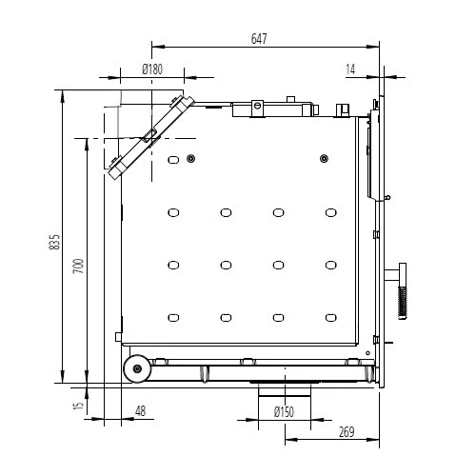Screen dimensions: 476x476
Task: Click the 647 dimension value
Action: coord(259,39)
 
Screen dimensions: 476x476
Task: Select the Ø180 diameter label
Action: coord(151,69)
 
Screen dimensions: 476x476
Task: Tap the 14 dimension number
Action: coord(352,69)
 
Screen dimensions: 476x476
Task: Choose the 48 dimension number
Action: coord(140,411)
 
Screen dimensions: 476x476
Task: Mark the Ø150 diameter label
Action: coord(283,411)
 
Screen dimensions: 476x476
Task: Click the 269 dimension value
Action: coord(346,433)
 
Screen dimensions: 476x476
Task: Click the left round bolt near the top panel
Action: coord(191,158)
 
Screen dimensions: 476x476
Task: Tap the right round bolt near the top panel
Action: coord(324,158)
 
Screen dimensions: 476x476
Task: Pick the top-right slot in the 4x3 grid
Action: coord(330,212)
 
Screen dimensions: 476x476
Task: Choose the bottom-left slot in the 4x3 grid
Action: coord(172,317)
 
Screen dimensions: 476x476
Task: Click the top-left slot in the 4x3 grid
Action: coord(172,212)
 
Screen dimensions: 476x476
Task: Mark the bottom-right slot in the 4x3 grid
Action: coord(330,317)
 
